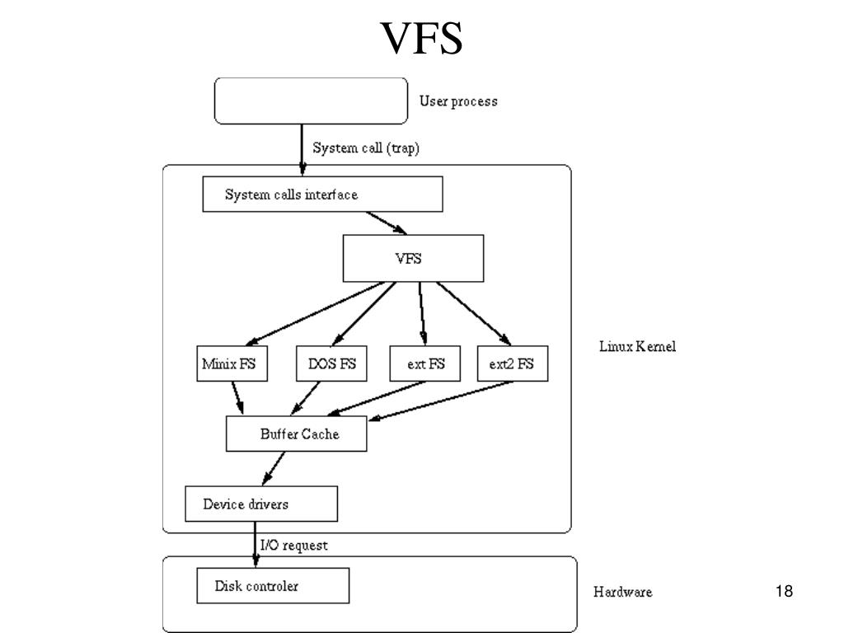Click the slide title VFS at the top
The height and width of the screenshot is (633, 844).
pyautogui.click(x=421, y=39)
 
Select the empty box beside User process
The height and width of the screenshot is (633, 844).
pyautogui.click(x=311, y=100)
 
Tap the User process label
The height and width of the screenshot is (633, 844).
pyautogui.click(x=458, y=101)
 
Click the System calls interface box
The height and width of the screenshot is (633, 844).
pyautogui.click(x=322, y=195)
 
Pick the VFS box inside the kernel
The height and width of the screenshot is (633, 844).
pyautogui.click(x=413, y=259)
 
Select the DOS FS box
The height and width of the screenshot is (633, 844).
pyautogui.click(x=332, y=363)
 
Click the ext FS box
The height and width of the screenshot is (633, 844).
pyautogui.click(x=425, y=363)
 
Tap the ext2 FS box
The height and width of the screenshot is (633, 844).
pyautogui.click(x=512, y=363)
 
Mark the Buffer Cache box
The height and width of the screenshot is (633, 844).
pyautogui.click(x=296, y=434)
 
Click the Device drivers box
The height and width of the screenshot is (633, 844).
pyautogui.click(x=260, y=504)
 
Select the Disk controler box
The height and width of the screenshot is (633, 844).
pyautogui.click(x=273, y=587)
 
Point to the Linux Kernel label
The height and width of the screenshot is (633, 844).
pyautogui.click(x=637, y=347)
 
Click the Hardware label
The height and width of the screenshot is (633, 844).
pyautogui.click(x=622, y=592)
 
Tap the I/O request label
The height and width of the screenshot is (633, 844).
pyautogui.click(x=293, y=546)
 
